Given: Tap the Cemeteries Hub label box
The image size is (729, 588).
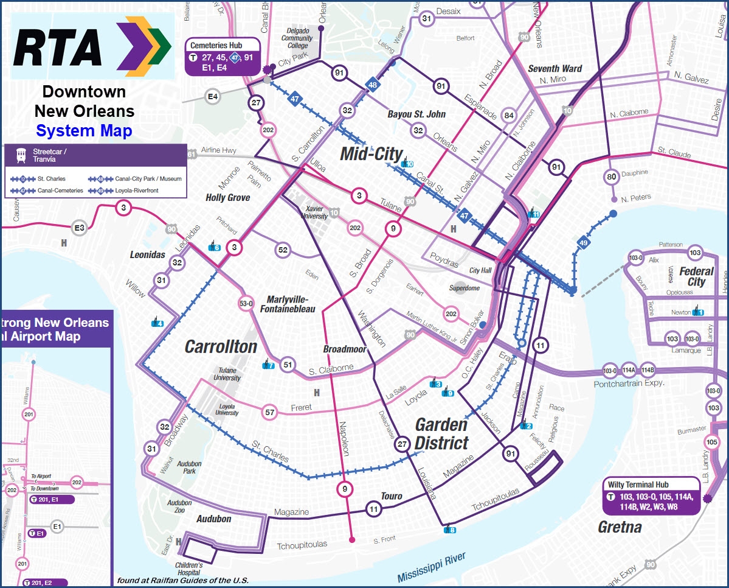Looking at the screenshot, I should pos(223,57).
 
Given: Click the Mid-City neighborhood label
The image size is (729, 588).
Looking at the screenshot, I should pos(371,154).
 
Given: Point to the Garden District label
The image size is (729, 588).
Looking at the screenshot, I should pos(442,433).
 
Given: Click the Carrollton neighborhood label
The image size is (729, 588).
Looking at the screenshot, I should pos(221,346).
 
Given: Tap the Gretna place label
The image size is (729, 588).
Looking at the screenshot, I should pos(620,527).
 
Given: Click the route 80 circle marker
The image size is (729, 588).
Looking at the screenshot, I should pos(612,177).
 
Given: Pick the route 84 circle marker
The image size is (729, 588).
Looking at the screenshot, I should pos(509,116).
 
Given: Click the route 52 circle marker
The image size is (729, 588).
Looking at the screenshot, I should pos(283,250).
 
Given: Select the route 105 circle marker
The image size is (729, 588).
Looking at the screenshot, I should pos(711,442).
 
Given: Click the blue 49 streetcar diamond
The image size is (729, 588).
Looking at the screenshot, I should pos(584,242).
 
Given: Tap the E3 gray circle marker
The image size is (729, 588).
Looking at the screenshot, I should pos(80,228).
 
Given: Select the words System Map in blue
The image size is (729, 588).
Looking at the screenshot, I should pos(84,130).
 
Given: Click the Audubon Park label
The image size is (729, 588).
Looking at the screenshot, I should pos(189,467).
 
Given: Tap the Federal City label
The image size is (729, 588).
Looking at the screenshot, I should pos(696,276).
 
